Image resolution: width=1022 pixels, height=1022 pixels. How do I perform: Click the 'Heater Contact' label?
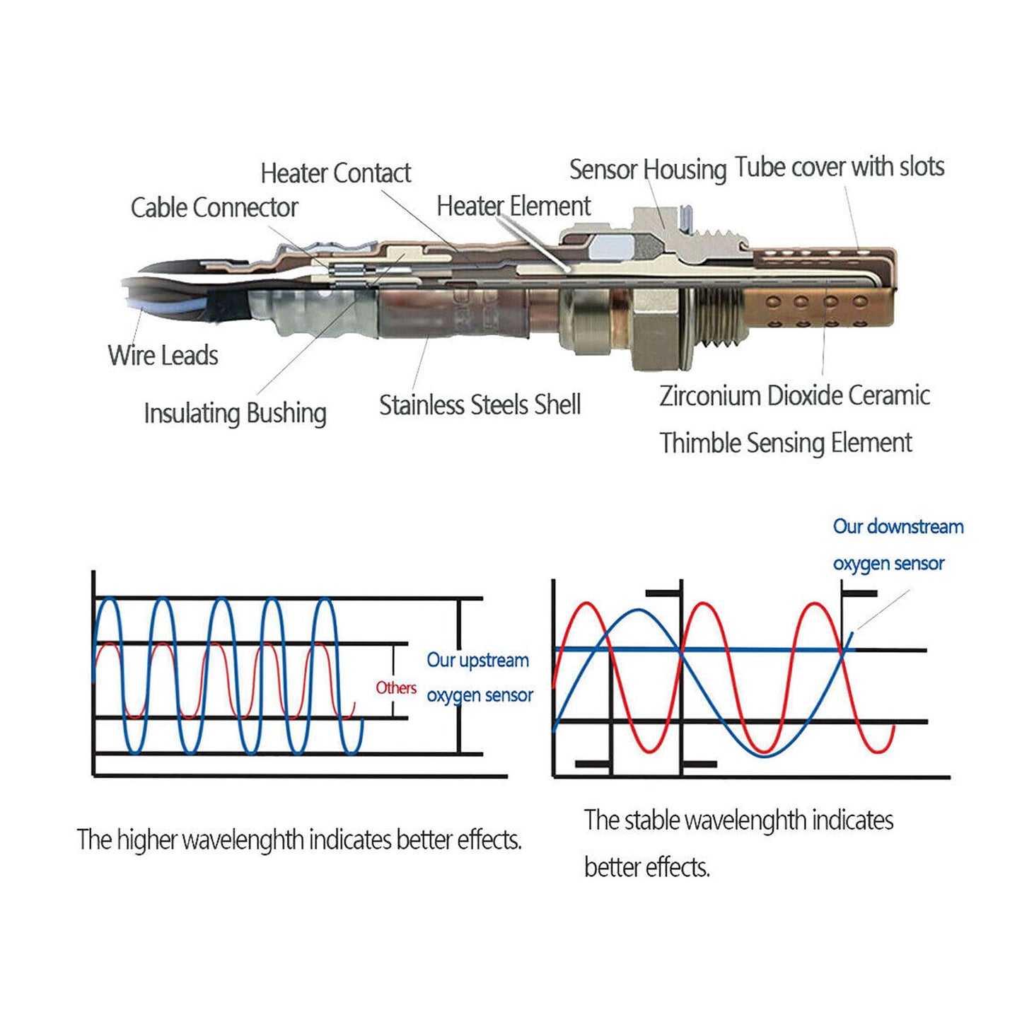(335, 173)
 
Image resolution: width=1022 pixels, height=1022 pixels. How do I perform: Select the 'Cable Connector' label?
(214, 207)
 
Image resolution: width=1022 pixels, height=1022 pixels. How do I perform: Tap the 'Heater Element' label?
(513, 206)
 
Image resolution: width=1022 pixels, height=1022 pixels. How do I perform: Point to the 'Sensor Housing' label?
(648, 170)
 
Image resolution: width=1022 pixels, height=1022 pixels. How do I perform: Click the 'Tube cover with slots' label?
(840, 166)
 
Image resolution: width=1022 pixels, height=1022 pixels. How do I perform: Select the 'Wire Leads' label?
(163, 355)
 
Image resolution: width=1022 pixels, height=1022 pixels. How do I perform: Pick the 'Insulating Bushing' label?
(235, 413)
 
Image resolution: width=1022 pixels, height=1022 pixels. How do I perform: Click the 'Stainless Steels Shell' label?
(480, 405)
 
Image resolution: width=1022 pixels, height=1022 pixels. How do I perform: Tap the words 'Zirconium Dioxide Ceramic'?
(794, 395)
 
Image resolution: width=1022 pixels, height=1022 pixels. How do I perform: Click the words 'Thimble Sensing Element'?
(786, 443)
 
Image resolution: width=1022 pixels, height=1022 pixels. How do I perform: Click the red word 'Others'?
(396, 688)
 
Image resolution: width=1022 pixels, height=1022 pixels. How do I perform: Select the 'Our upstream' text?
(477, 661)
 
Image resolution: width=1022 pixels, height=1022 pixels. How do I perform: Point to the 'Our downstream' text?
(898, 527)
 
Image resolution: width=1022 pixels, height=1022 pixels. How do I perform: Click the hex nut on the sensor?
(656, 335)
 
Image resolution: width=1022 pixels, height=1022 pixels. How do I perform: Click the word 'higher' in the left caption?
(146, 841)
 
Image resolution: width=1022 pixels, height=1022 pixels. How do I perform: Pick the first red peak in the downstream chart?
(586, 603)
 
